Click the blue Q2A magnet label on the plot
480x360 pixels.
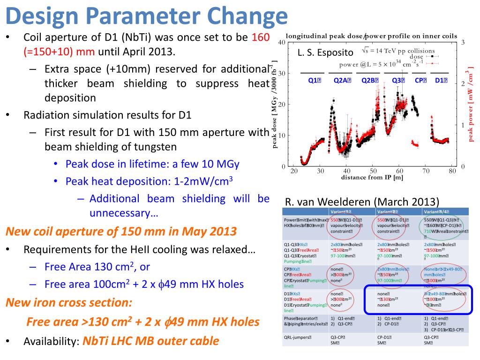point(341,80)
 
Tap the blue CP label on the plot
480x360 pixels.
point(420,80)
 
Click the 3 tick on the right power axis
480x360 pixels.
point(463,43)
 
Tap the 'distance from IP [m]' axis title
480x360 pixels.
point(373,177)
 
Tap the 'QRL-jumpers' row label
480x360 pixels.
point(298,337)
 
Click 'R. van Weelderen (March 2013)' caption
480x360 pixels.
point(362,202)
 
